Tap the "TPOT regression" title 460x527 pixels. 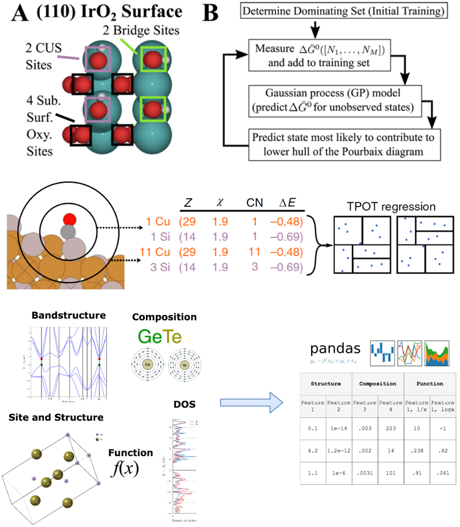391,206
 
